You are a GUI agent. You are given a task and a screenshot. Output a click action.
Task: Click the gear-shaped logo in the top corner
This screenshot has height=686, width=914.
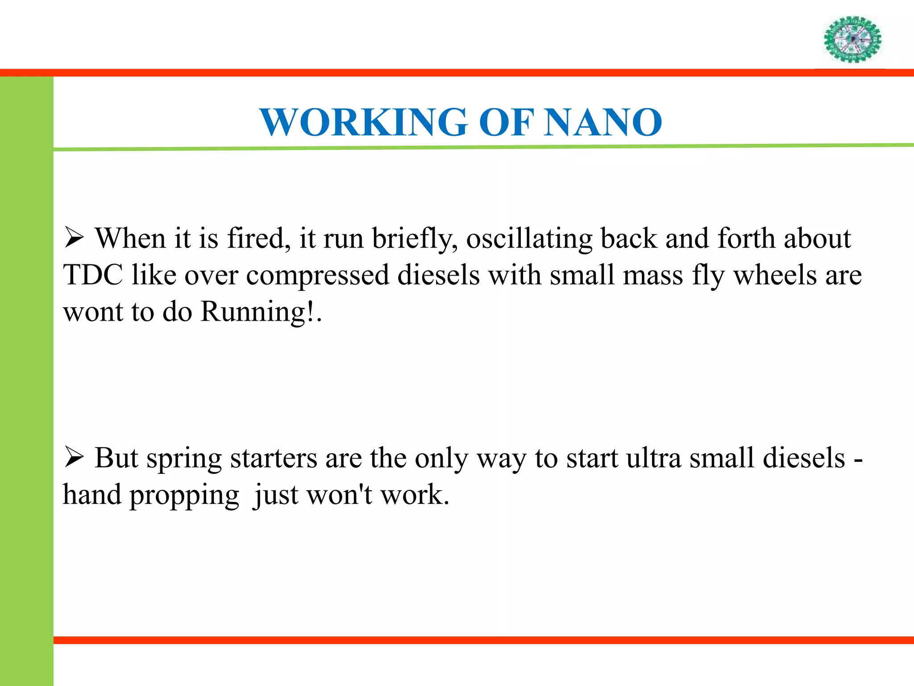click(x=852, y=39)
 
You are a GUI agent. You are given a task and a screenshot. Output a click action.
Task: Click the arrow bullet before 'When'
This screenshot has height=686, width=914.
click(x=74, y=238)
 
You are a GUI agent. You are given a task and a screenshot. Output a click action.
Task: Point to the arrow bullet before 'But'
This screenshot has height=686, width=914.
click(x=74, y=457)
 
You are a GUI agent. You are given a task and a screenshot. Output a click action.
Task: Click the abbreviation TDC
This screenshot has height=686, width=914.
click(x=93, y=275)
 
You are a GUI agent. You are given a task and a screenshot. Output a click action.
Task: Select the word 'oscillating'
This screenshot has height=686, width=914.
click(x=529, y=238)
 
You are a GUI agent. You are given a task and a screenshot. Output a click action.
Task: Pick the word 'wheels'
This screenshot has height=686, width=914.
click(x=775, y=275)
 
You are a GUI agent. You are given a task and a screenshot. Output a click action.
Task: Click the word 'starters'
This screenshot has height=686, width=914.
click(x=274, y=458)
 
